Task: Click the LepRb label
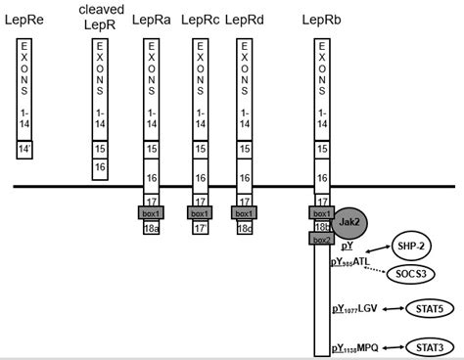(322, 21)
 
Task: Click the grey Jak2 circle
(352, 222)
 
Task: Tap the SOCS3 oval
(411, 275)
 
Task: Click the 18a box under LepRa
(151, 228)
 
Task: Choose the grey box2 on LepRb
(322, 238)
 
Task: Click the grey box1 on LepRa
(151, 212)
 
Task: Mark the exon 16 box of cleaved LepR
(100, 168)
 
